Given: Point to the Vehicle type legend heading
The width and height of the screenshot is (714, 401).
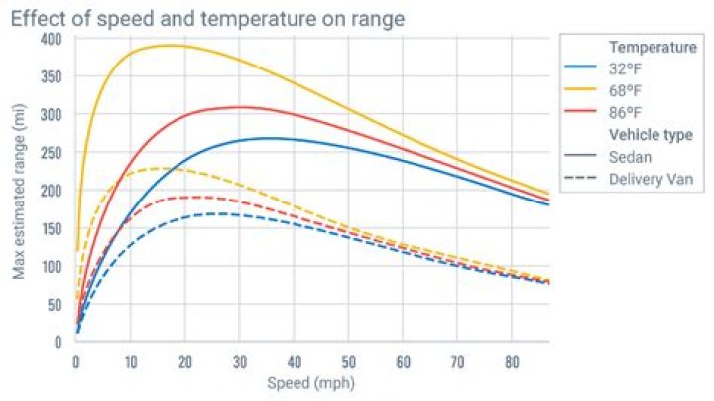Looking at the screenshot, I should (x=651, y=134).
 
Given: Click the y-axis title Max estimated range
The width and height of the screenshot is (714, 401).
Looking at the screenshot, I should (x=19, y=190).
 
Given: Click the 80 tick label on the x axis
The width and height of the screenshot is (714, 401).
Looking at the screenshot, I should (x=511, y=361).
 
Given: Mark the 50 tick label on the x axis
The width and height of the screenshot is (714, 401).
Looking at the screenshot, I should (x=347, y=361).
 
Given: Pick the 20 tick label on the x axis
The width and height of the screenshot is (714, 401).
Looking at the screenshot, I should (x=184, y=361).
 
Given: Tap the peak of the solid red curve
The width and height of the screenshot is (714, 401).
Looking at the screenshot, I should (x=239, y=106).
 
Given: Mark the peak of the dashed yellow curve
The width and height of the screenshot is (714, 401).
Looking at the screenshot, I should (x=159, y=168).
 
